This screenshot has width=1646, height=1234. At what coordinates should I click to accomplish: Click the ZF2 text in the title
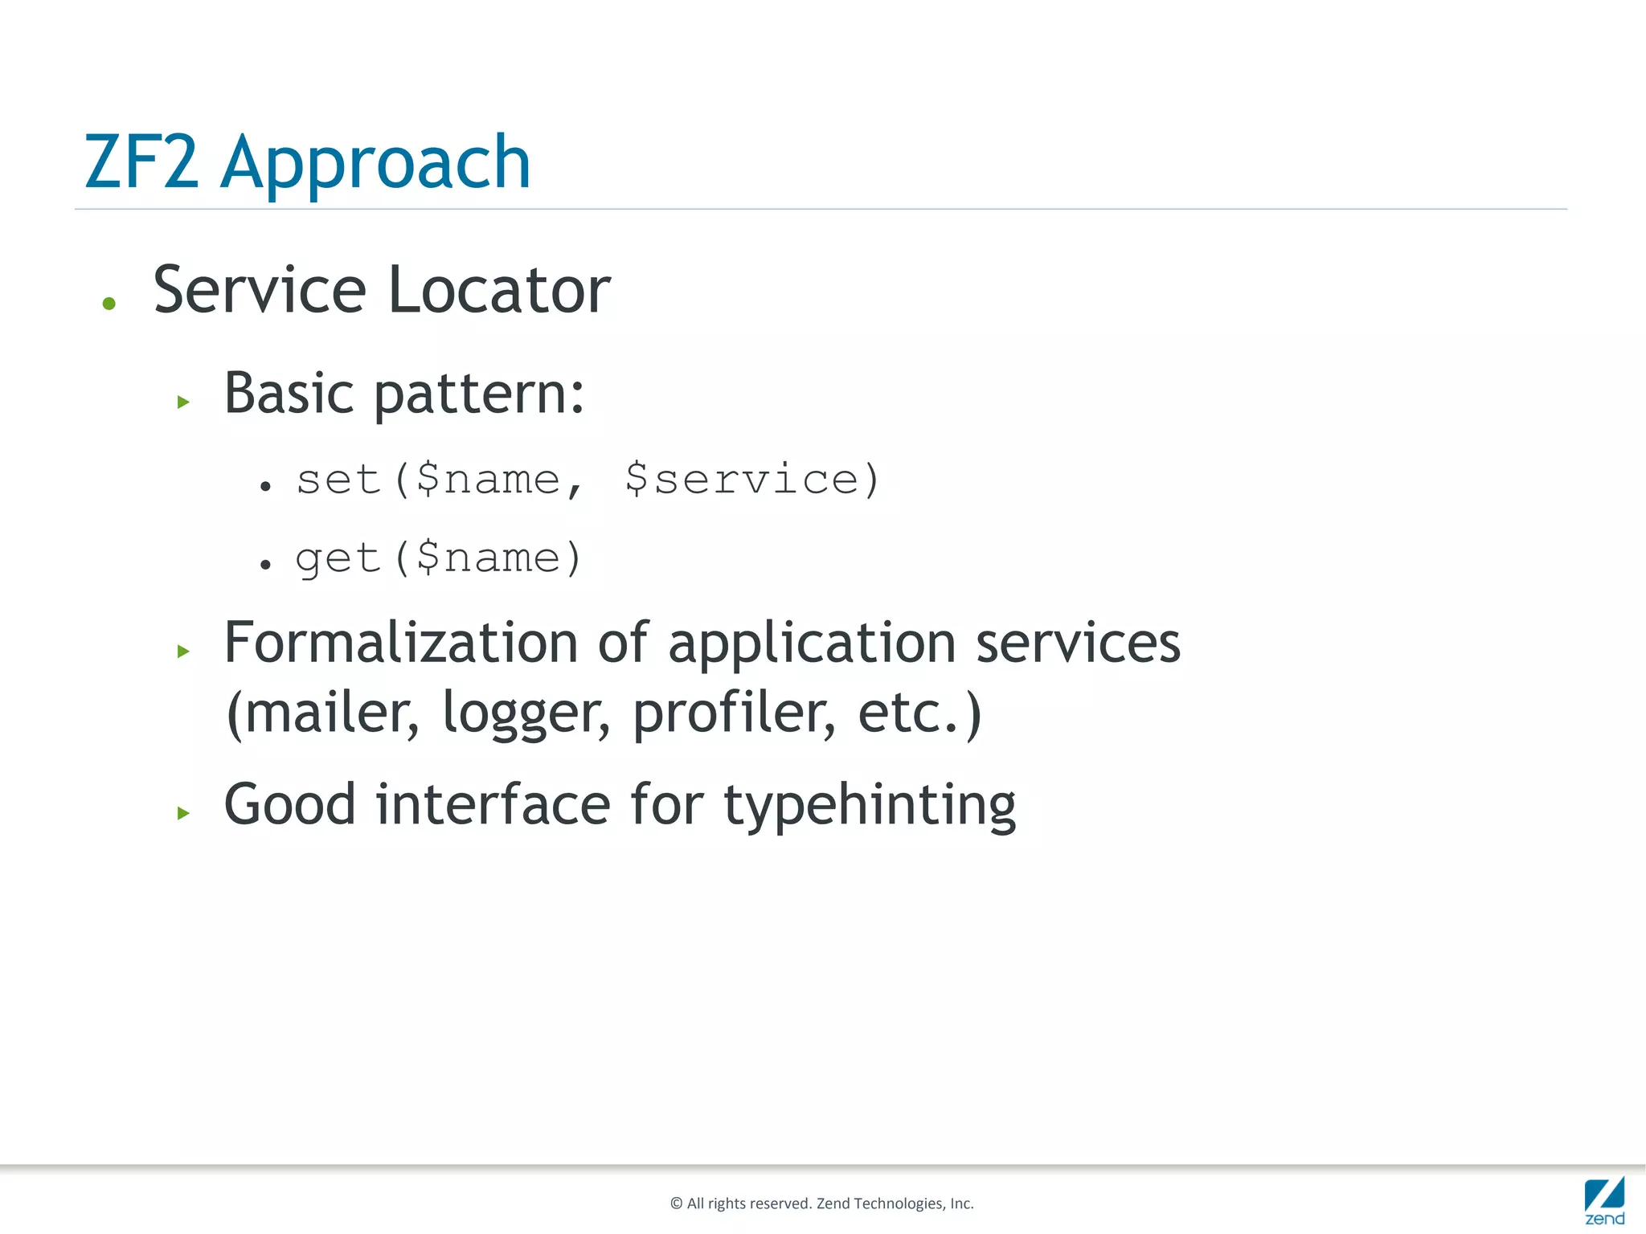pos(141,163)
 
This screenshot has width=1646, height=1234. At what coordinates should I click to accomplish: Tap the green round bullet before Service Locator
pos(109,304)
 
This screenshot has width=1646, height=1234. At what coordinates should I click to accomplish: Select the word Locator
pos(499,290)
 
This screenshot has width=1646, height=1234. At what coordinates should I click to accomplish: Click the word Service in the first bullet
pos(260,290)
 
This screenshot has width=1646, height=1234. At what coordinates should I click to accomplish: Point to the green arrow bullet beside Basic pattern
pos(183,402)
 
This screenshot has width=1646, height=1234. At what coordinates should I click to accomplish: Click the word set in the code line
pos(337,480)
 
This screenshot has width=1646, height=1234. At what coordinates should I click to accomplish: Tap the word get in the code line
pos(337,558)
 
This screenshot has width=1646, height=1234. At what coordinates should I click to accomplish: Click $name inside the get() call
pos(488,558)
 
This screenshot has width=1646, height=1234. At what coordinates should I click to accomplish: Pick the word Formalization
pos(400,643)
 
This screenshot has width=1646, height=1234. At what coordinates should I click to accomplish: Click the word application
pos(812,644)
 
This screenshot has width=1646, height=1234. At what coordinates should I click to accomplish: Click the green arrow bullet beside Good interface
pos(183,813)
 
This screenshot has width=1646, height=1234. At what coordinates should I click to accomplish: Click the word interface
pos(493,804)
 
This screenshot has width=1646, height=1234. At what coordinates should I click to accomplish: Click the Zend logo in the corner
pos(1604,1200)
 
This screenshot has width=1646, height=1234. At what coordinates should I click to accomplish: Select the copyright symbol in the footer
pos(676,1203)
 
